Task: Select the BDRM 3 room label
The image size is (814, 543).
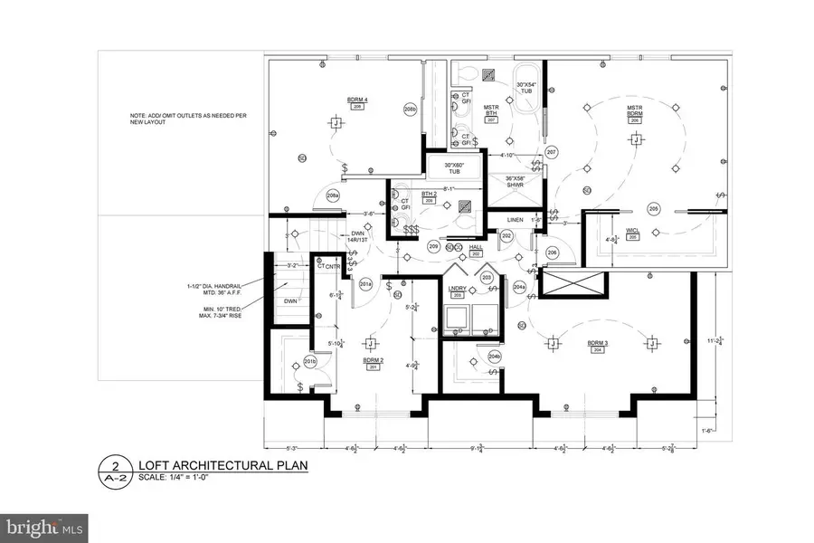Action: pyautogui.click(x=597, y=343)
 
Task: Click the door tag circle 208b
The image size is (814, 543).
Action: pyautogui.click(x=410, y=110)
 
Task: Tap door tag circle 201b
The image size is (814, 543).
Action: pyautogui.click(x=309, y=362)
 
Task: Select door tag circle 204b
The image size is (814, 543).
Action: pyautogui.click(x=495, y=357)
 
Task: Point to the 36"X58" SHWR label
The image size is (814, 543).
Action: pyautogui.click(x=515, y=182)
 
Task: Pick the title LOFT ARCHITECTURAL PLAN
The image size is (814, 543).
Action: pyautogui.click(x=222, y=466)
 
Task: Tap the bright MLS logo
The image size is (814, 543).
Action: pyautogui.click(x=45, y=525)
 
